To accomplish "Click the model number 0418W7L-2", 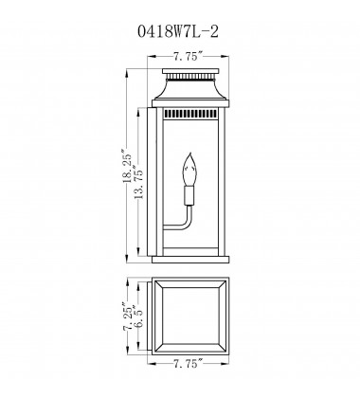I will click(179, 29).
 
